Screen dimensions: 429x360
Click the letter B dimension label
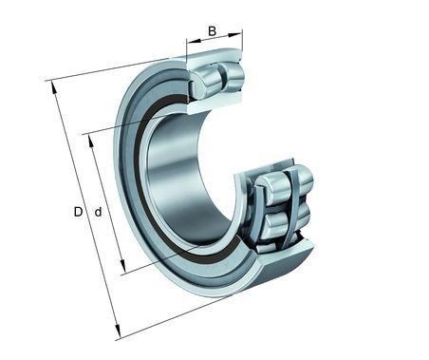(x=212, y=31)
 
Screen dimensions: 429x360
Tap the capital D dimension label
(x=78, y=212)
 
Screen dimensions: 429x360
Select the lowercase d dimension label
(x=99, y=212)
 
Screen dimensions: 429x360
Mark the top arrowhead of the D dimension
(x=54, y=87)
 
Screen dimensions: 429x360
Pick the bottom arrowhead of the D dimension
(x=118, y=332)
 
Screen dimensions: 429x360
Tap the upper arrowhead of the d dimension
(x=91, y=141)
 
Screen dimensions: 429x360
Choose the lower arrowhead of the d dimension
(x=122, y=266)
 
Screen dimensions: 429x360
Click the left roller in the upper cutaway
(x=205, y=83)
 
